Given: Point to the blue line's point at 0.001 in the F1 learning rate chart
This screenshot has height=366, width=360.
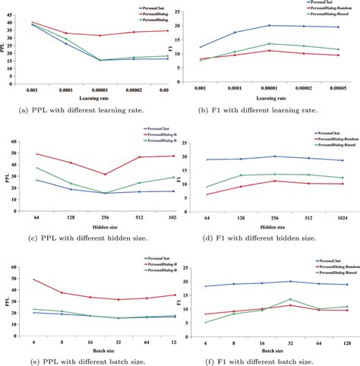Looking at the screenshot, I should (201, 47).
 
